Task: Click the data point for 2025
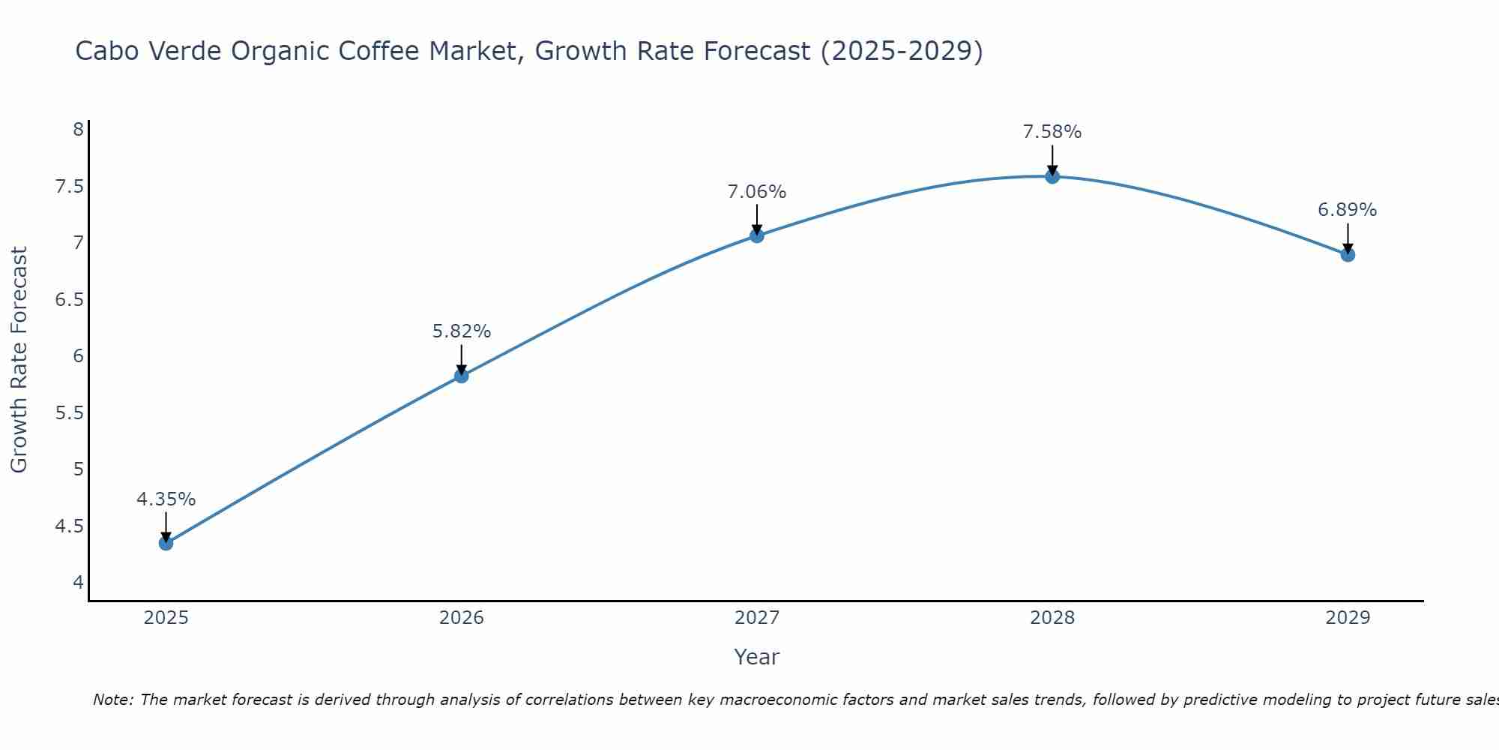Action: pyautogui.click(x=166, y=543)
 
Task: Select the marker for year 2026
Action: pyautogui.click(x=461, y=376)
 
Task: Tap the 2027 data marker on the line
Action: pyautogui.click(x=757, y=235)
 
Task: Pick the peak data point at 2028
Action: pyautogui.click(x=1052, y=176)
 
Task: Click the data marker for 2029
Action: pyautogui.click(x=1348, y=255)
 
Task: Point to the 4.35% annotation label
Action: pyautogui.click(x=166, y=499)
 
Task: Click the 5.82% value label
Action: pyautogui.click(x=461, y=331)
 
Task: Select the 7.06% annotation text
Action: pyautogui.click(x=757, y=192)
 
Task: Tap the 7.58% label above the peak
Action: pyautogui.click(x=1052, y=132)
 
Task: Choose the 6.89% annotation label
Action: pyautogui.click(x=1348, y=210)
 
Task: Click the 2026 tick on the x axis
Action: pyautogui.click(x=461, y=618)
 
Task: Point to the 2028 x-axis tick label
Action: pyautogui.click(x=1052, y=618)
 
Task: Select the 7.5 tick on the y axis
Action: pyautogui.click(x=69, y=186)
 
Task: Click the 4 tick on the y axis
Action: pyautogui.click(x=78, y=582)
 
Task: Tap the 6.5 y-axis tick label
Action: pyautogui.click(x=69, y=300)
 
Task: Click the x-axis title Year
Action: pyautogui.click(x=757, y=657)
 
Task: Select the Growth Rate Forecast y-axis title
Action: pyautogui.click(x=19, y=360)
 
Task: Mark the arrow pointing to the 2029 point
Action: pyautogui.click(x=1348, y=238)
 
